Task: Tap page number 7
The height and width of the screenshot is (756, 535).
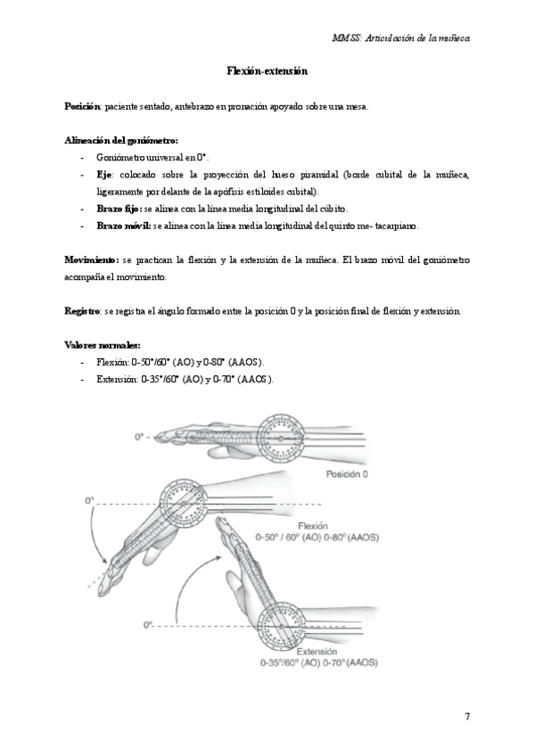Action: (467, 717)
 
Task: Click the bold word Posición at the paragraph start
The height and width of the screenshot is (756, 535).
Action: (83, 106)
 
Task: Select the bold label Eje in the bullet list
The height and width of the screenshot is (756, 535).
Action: (103, 174)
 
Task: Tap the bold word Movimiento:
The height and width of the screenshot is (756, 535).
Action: (91, 259)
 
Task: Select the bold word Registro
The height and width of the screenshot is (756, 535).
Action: (83, 310)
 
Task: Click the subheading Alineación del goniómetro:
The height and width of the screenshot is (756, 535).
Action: (121, 140)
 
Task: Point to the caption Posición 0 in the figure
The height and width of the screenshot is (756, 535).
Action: (347, 473)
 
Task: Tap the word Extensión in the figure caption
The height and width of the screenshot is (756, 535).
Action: (314, 653)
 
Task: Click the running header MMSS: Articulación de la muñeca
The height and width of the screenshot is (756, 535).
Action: (400, 39)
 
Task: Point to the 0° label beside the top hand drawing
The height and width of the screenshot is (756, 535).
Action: (139, 437)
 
